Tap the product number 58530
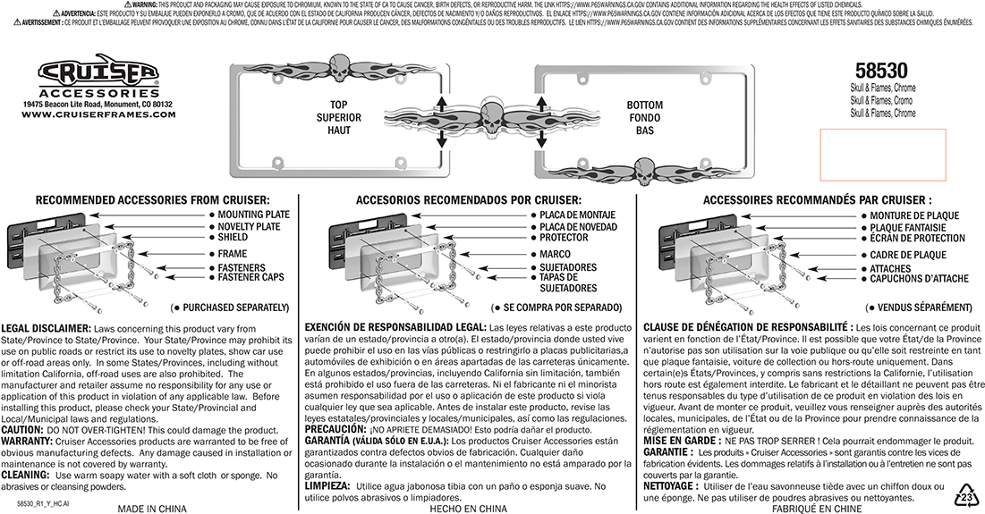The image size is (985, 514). (x=881, y=72)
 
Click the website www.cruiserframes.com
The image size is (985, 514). (x=98, y=114)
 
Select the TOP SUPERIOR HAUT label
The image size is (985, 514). (x=344, y=118)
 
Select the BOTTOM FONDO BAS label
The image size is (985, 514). (x=644, y=118)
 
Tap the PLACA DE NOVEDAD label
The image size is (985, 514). (x=578, y=227)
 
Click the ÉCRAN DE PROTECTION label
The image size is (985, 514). (x=917, y=239)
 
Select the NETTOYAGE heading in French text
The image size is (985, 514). (x=672, y=485)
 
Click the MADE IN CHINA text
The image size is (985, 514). (x=152, y=509)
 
